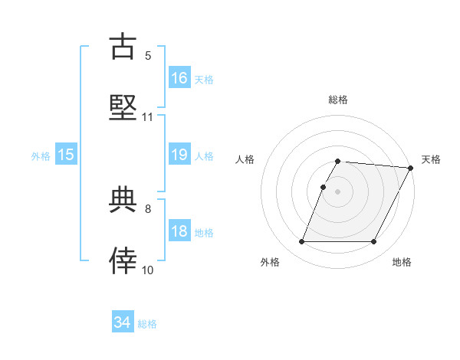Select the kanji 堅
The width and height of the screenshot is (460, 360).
123,107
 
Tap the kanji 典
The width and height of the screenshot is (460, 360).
123,200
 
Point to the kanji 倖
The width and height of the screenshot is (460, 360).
123,261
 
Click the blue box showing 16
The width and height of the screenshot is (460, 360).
179,78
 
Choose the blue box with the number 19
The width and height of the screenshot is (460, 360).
179,155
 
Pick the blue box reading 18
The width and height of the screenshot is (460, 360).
179,231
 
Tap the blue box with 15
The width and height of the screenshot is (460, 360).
66,155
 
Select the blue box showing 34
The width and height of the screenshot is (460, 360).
123,322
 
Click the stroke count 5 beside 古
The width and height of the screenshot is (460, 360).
148,55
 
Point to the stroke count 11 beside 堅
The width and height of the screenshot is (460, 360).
148,117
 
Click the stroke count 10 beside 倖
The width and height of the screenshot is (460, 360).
148,270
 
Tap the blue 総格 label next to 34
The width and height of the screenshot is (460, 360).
147,324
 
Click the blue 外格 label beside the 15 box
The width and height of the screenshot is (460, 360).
41,155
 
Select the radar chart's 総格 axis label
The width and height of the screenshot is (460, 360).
338,100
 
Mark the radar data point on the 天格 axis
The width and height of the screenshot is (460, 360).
411,168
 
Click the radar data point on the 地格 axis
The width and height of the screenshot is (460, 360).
374,242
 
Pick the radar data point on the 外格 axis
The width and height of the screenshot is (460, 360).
301,242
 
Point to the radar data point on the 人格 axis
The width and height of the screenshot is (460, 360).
324,187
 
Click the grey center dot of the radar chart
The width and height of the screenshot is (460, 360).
337,191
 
